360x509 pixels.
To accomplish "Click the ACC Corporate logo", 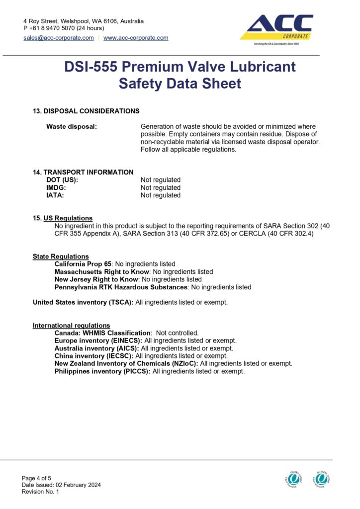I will (x=276, y=29).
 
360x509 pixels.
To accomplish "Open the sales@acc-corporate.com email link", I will (x=59, y=38).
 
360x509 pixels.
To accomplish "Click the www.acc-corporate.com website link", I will (x=136, y=38).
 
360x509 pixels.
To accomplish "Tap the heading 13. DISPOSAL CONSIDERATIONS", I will (x=86, y=111).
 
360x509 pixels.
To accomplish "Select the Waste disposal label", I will (x=72, y=127).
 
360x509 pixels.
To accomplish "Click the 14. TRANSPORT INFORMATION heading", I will (x=83, y=172).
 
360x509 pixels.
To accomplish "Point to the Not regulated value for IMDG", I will (x=161, y=187).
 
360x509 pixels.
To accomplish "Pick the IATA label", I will (x=55, y=195).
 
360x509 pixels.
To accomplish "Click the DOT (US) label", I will (x=62, y=180).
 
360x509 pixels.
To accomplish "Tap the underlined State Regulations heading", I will (x=61, y=256).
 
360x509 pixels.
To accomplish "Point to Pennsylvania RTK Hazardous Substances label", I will (x=121, y=287).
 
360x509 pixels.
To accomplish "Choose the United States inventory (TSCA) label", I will (x=83, y=302).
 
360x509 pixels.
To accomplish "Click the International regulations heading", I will (x=72, y=326).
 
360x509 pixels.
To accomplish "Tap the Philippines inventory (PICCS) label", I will (x=102, y=371).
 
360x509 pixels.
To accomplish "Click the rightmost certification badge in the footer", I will (x=322, y=479).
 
